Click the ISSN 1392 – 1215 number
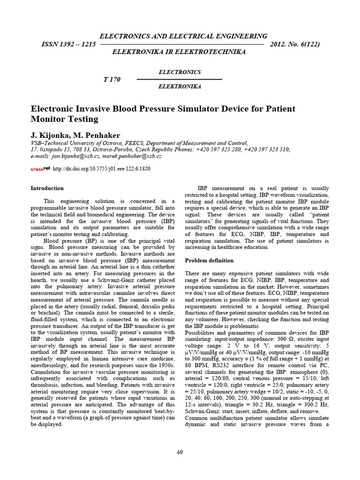click(69, 44)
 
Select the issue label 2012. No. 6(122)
click(295, 44)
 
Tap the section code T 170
click(112, 79)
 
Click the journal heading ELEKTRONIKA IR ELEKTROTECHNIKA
click(179, 52)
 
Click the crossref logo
click(40, 168)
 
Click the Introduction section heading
click(47, 188)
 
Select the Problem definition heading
click(209, 260)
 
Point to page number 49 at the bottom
click(180, 452)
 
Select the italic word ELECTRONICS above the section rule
click(180, 72)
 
